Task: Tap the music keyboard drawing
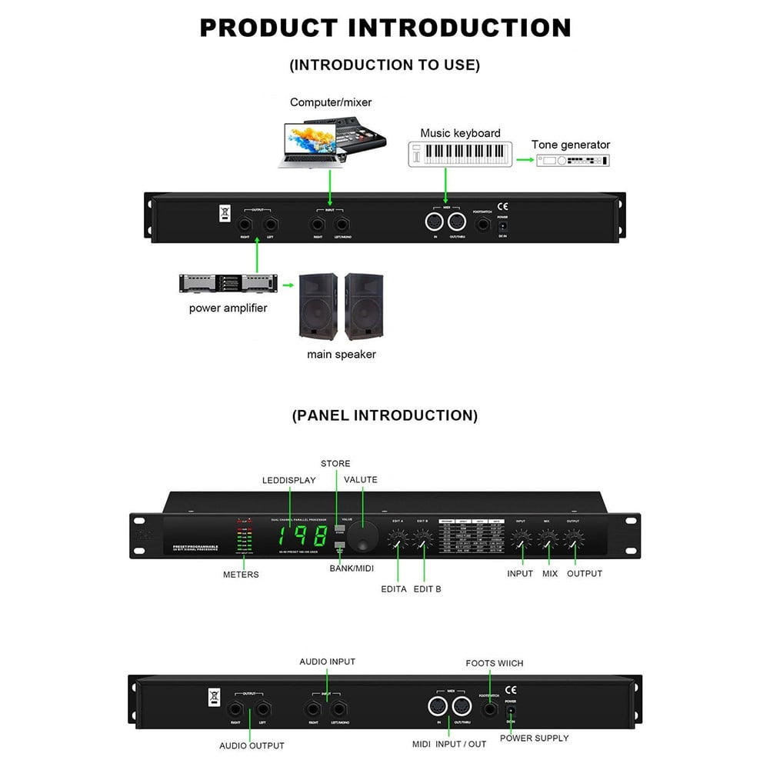point(459,154)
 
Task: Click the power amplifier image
point(228,283)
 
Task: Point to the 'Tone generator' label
point(571,145)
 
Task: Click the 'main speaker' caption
point(342,355)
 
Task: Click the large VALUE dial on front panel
point(362,536)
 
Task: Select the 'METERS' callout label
point(241,575)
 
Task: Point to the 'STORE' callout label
point(335,464)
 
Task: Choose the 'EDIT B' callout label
point(428,589)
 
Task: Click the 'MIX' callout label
point(549,574)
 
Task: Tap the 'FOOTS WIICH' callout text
point(494,663)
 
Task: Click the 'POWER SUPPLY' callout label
point(534,738)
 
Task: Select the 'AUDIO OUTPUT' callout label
point(252,745)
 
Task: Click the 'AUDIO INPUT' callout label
point(327,662)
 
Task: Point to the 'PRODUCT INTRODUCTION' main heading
point(385,28)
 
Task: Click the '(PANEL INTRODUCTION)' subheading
point(385,415)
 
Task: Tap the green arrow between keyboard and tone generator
point(525,160)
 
